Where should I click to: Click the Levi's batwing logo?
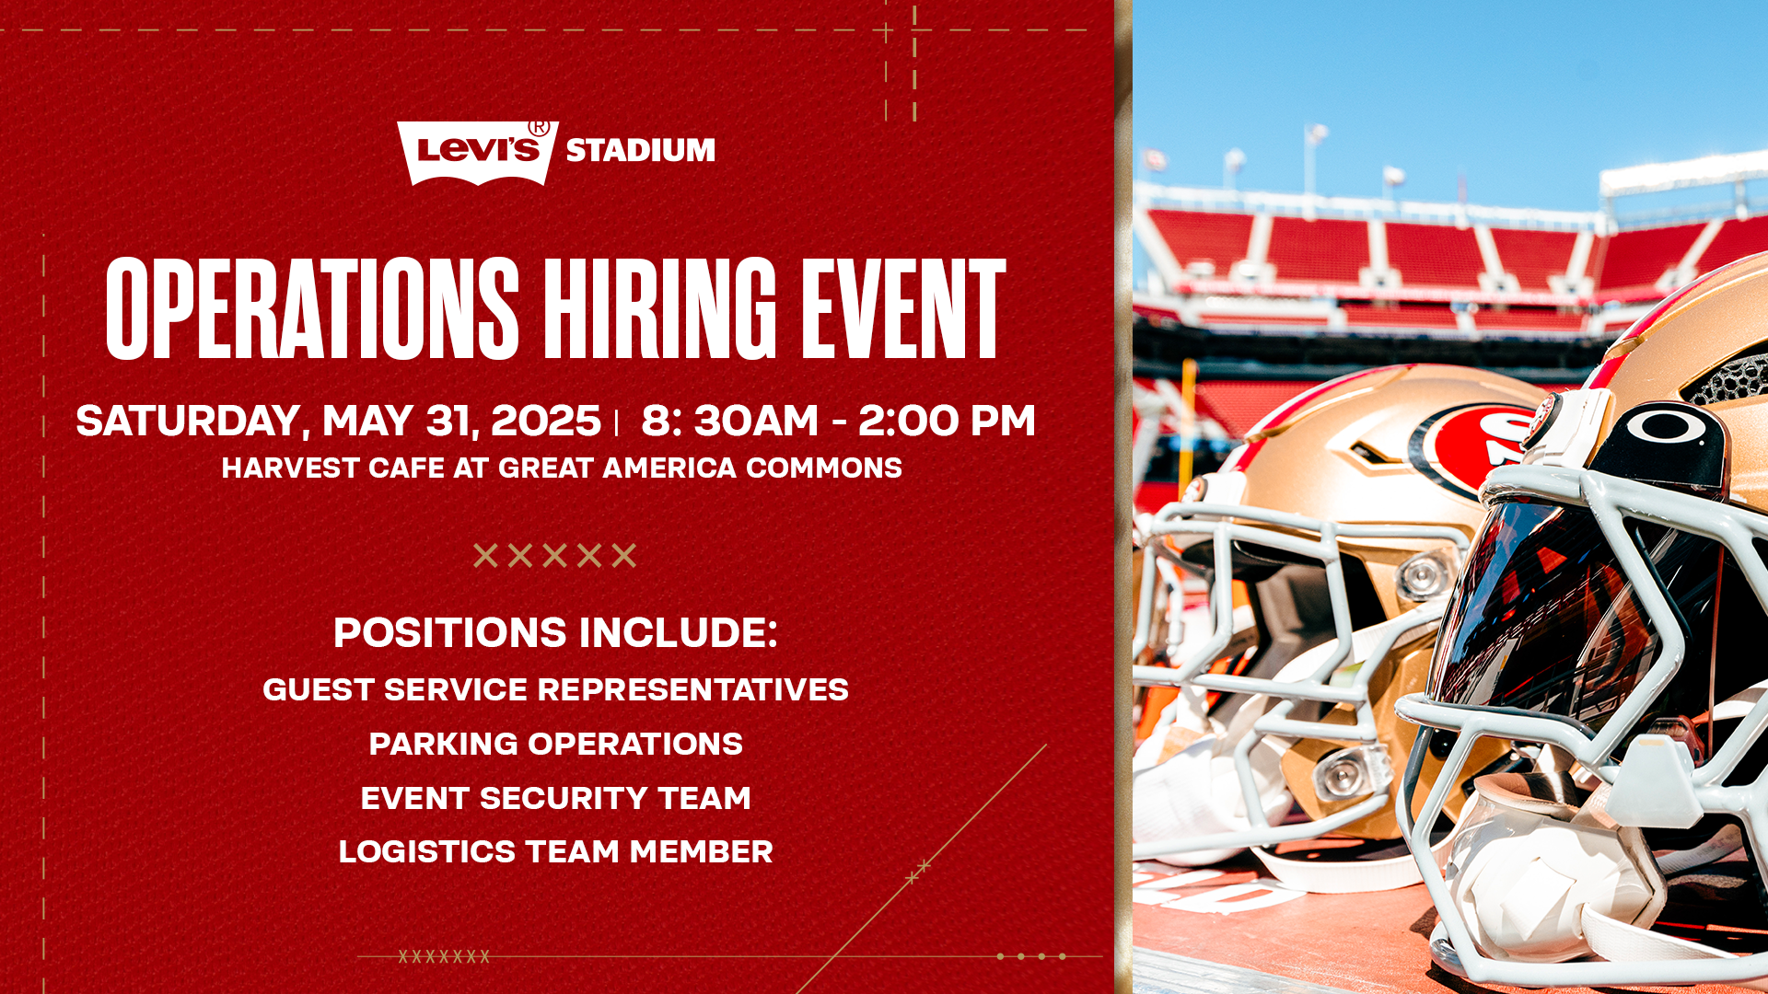point(478,153)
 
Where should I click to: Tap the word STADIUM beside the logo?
point(640,150)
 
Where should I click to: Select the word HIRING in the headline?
point(660,308)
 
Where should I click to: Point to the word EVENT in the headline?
point(903,308)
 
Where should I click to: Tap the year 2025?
point(546,421)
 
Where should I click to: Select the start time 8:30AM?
point(729,421)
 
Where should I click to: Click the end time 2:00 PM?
point(947,421)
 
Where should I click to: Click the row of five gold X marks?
point(554,555)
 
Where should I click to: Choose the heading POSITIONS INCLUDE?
point(555,632)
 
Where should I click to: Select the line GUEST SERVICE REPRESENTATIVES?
point(555,689)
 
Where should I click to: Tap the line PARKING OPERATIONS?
point(555,744)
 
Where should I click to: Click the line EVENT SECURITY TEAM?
point(555,798)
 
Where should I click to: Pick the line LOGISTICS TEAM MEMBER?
point(555,851)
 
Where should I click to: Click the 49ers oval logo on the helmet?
point(1473,446)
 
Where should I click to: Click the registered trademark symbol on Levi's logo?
point(539,128)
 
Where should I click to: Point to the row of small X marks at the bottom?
point(444,957)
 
